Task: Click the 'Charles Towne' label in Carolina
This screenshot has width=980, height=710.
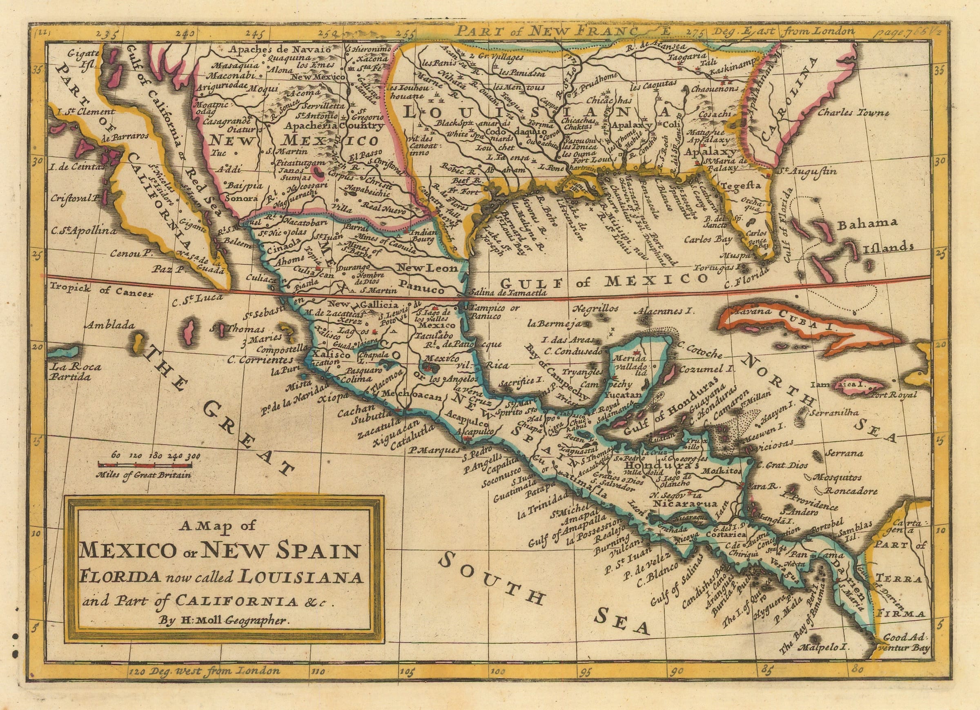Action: coord(853,113)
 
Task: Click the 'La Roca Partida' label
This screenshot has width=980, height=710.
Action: coord(75,372)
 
